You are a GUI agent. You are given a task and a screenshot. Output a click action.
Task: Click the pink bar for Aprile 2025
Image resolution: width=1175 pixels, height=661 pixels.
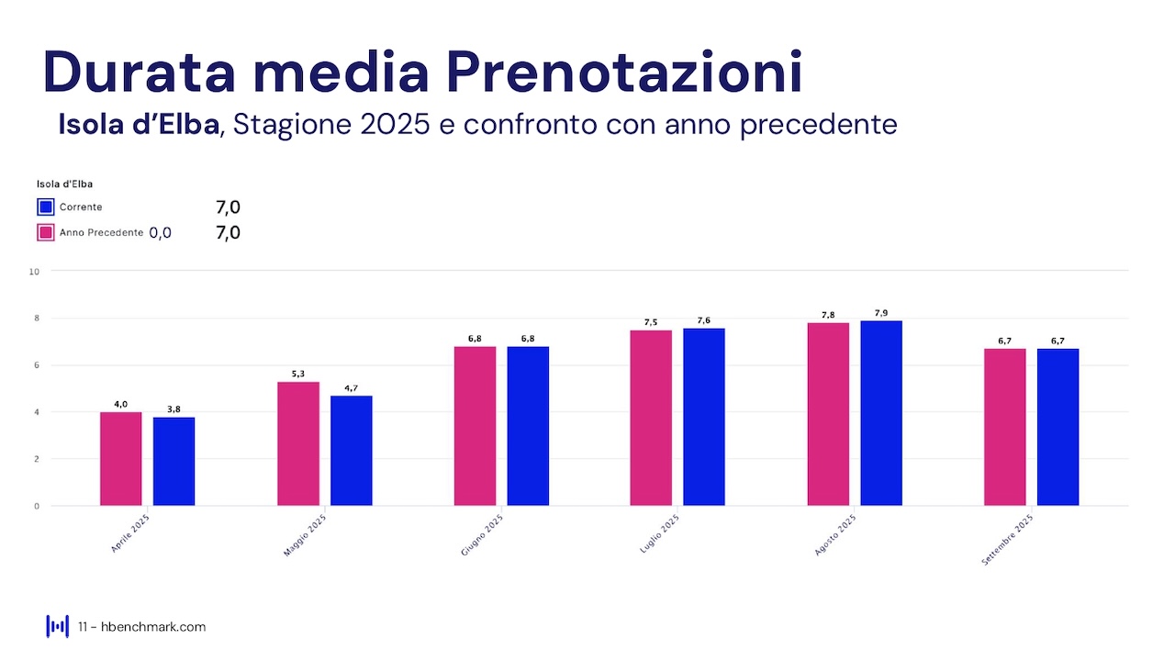tap(120, 458)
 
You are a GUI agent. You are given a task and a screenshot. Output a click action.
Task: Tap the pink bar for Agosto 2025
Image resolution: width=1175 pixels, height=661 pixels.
tap(828, 413)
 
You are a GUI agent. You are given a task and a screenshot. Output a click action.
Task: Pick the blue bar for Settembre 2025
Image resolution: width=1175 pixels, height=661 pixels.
tap(1057, 427)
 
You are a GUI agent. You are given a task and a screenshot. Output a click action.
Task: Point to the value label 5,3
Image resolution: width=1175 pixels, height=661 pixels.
tap(298, 374)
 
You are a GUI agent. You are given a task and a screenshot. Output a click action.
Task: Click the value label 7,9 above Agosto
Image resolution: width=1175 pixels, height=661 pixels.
tap(881, 313)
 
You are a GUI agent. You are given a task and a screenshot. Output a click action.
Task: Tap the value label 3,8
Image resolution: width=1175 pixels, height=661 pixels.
tap(173, 409)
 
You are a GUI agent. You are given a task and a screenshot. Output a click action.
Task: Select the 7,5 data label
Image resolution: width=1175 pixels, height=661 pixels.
tap(651, 322)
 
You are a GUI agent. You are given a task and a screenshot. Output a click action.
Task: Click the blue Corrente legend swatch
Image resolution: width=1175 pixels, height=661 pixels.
tap(46, 207)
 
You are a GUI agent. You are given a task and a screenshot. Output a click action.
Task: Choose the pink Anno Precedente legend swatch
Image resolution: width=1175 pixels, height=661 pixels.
tap(46, 232)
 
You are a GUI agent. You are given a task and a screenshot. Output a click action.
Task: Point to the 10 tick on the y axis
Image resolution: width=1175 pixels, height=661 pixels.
tap(34, 272)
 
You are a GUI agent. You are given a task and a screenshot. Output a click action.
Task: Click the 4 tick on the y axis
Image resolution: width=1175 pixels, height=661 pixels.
tap(36, 412)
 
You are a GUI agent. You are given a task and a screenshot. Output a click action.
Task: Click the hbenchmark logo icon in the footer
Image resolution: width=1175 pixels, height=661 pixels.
tap(57, 626)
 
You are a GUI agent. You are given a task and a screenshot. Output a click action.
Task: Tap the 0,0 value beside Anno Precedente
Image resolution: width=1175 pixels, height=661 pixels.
tap(160, 233)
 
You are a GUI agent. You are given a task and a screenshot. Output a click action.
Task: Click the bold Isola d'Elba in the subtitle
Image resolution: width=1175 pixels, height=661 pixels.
tap(139, 124)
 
